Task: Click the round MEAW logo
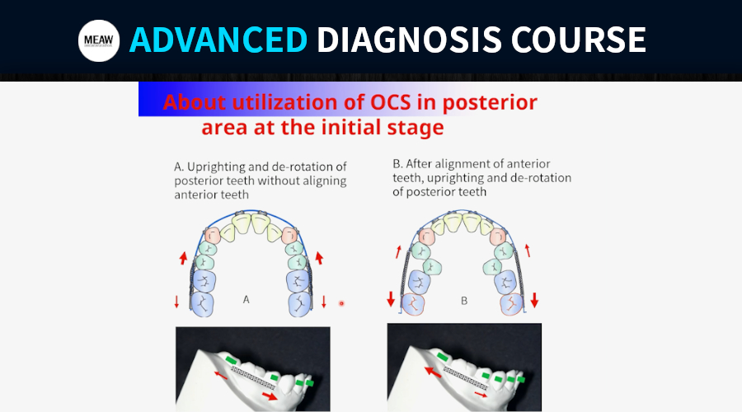99,40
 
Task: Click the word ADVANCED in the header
218,40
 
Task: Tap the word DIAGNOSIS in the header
409,40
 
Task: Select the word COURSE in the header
578,40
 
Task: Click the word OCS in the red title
391,102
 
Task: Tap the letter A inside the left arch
246,299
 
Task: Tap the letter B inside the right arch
464,301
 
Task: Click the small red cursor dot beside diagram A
341,303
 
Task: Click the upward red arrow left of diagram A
184,258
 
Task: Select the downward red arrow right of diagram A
324,302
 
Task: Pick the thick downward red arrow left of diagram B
391,299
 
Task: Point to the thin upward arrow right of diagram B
528,250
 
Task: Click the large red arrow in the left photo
270,396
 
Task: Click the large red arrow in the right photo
433,372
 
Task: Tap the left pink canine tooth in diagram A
213,235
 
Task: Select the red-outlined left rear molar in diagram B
413,304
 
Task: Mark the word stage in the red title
420,128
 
